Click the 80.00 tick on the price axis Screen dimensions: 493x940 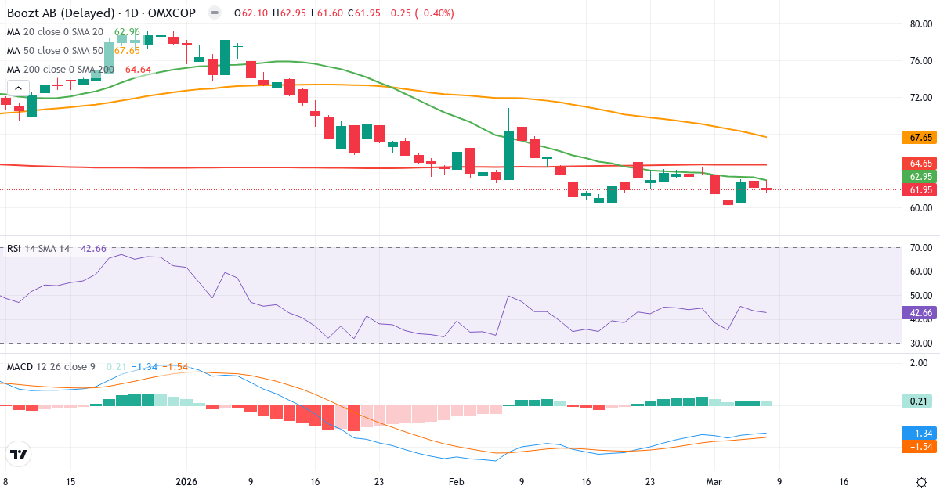tap(921, 23)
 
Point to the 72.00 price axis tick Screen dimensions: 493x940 tap(921, 97)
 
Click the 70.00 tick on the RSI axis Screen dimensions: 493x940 tap(921, 248)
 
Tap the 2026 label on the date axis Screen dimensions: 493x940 tap(186, 482)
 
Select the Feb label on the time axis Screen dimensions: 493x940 tap(455, 482)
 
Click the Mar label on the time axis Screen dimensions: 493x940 tap(714, 482)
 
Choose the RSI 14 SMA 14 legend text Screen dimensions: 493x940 tap(39, 249)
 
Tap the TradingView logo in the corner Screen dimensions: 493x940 tap(19, 454)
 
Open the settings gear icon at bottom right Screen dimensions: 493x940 tap(921, 482)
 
